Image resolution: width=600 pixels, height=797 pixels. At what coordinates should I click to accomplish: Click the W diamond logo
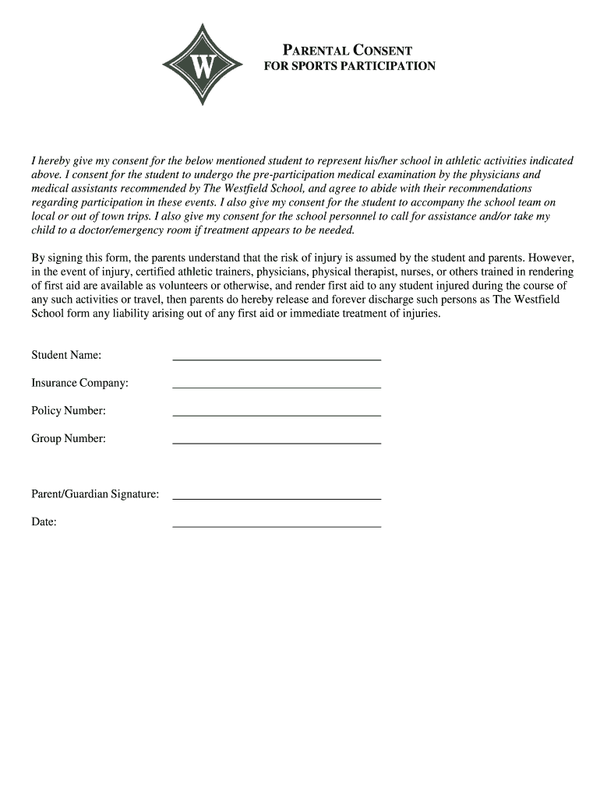point(203,65)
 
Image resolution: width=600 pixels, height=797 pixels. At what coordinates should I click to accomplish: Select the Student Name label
point(66,355)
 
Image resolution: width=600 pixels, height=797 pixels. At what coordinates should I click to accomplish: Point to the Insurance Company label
point(80,383)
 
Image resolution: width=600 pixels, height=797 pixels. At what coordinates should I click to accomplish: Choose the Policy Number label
point(69,410)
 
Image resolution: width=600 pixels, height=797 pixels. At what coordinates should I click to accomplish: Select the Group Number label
point(69,438)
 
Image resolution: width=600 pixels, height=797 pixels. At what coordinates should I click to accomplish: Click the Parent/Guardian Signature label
point(95,493)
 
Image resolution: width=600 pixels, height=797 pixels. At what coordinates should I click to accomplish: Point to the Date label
point(44,521)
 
